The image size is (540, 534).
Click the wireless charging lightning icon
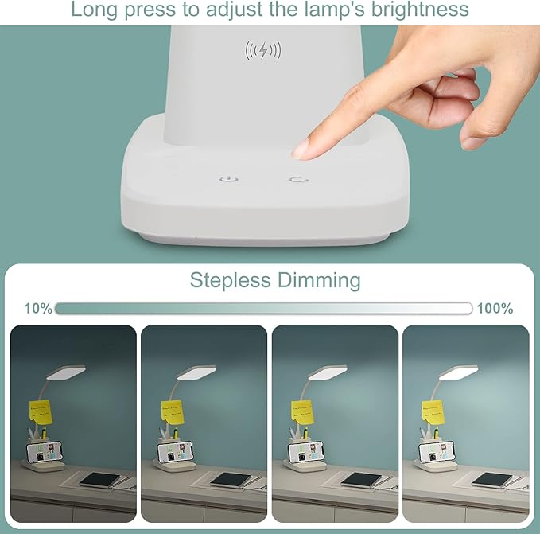[263, 51]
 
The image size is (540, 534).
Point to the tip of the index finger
[300, 149]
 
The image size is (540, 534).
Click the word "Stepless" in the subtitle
[231, 280]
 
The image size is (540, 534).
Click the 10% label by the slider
[38, 309]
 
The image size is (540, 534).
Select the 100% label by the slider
[495, 309]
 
